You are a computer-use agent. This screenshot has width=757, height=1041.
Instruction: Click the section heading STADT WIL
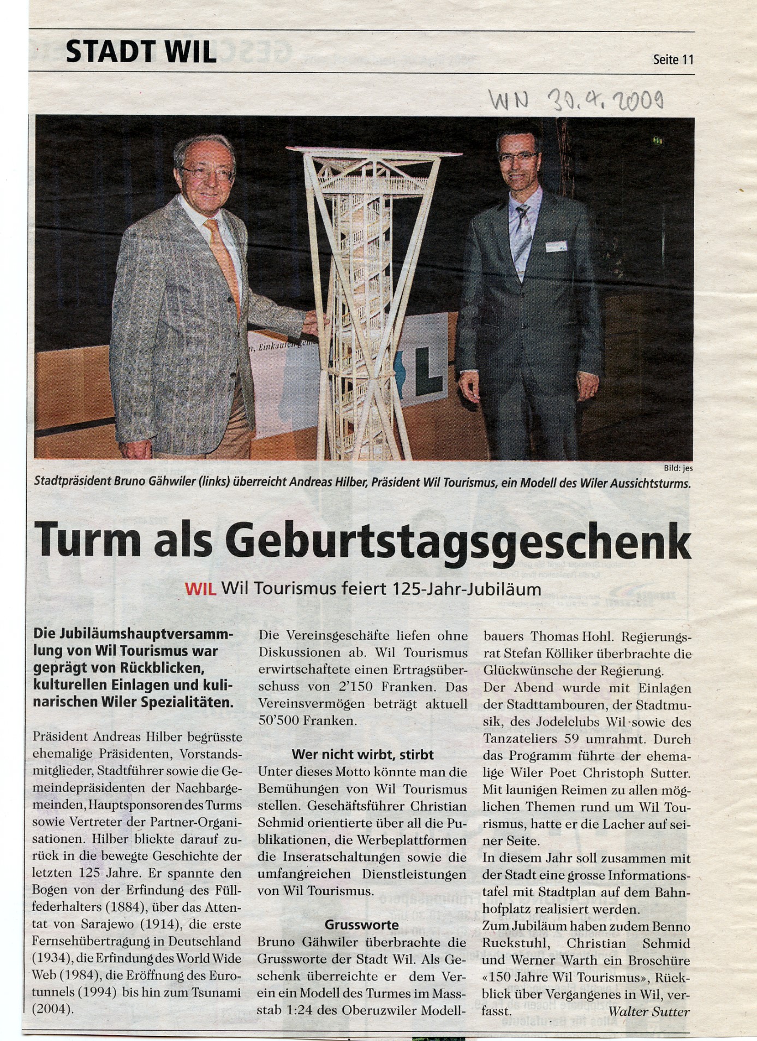point(141,52)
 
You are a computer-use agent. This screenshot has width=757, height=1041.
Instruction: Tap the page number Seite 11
point(672,60)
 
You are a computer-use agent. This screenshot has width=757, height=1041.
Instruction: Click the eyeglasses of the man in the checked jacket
point(208,174)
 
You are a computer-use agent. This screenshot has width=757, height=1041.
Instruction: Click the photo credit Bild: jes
point(678,467)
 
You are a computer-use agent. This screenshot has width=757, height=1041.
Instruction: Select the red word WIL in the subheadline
point(201,589)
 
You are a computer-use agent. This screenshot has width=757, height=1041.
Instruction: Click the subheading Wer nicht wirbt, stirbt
point(362,754)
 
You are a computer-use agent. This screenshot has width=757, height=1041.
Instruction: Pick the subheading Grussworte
point(362,925)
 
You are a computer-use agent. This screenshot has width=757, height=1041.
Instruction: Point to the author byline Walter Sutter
point(648,1012)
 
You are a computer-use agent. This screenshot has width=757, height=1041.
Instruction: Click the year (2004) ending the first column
point(53,1009)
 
